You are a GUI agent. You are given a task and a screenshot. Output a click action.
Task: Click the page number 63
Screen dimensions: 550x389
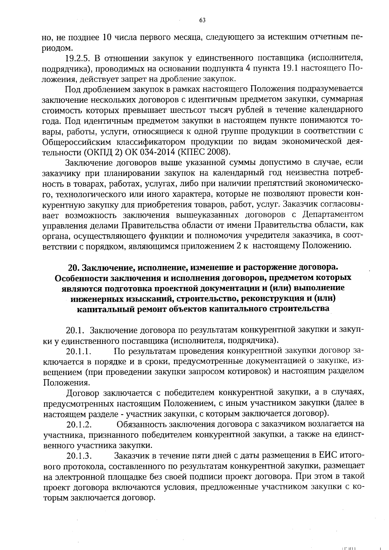click(x=202, y=20)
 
